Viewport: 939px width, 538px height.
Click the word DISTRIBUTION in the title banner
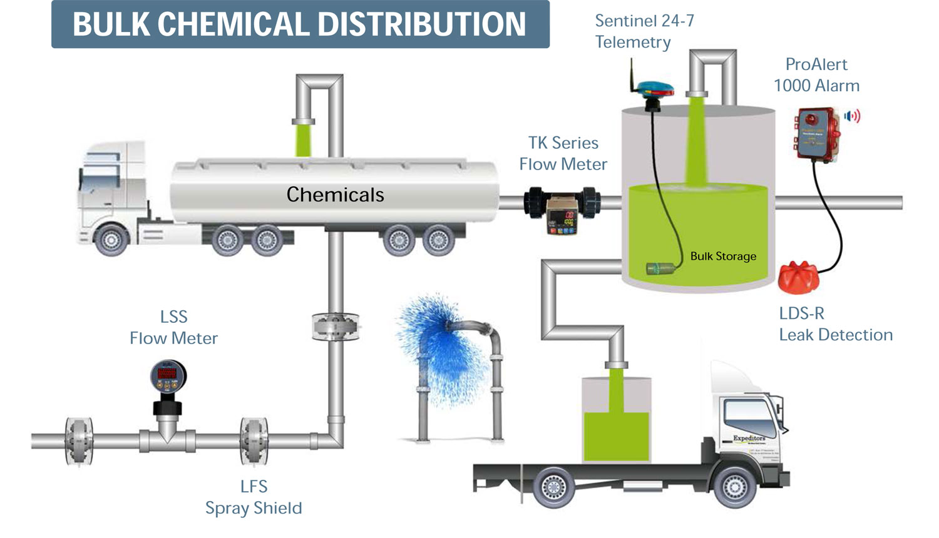(422, 24)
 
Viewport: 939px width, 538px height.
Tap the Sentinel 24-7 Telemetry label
(644, 31)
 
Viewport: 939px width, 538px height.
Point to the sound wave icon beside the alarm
(853, 116)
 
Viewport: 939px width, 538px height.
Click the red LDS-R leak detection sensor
(798, 277)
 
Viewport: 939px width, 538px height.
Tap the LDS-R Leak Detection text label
(835, 324)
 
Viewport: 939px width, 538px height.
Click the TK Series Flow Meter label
(563, 153)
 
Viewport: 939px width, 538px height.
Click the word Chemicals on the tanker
(335, 195)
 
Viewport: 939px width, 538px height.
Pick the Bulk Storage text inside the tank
(723, 256)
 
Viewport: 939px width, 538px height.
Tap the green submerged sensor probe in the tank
(662, 269)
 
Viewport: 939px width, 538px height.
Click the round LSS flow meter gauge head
(168, 377)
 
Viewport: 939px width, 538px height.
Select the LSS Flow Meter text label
(173, 327)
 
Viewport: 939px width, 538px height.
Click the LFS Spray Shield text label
(254, 497)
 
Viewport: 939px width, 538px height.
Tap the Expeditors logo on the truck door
(749, 438)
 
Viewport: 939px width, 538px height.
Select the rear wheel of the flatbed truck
(553, 486)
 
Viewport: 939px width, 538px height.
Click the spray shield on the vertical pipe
(336, 327)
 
